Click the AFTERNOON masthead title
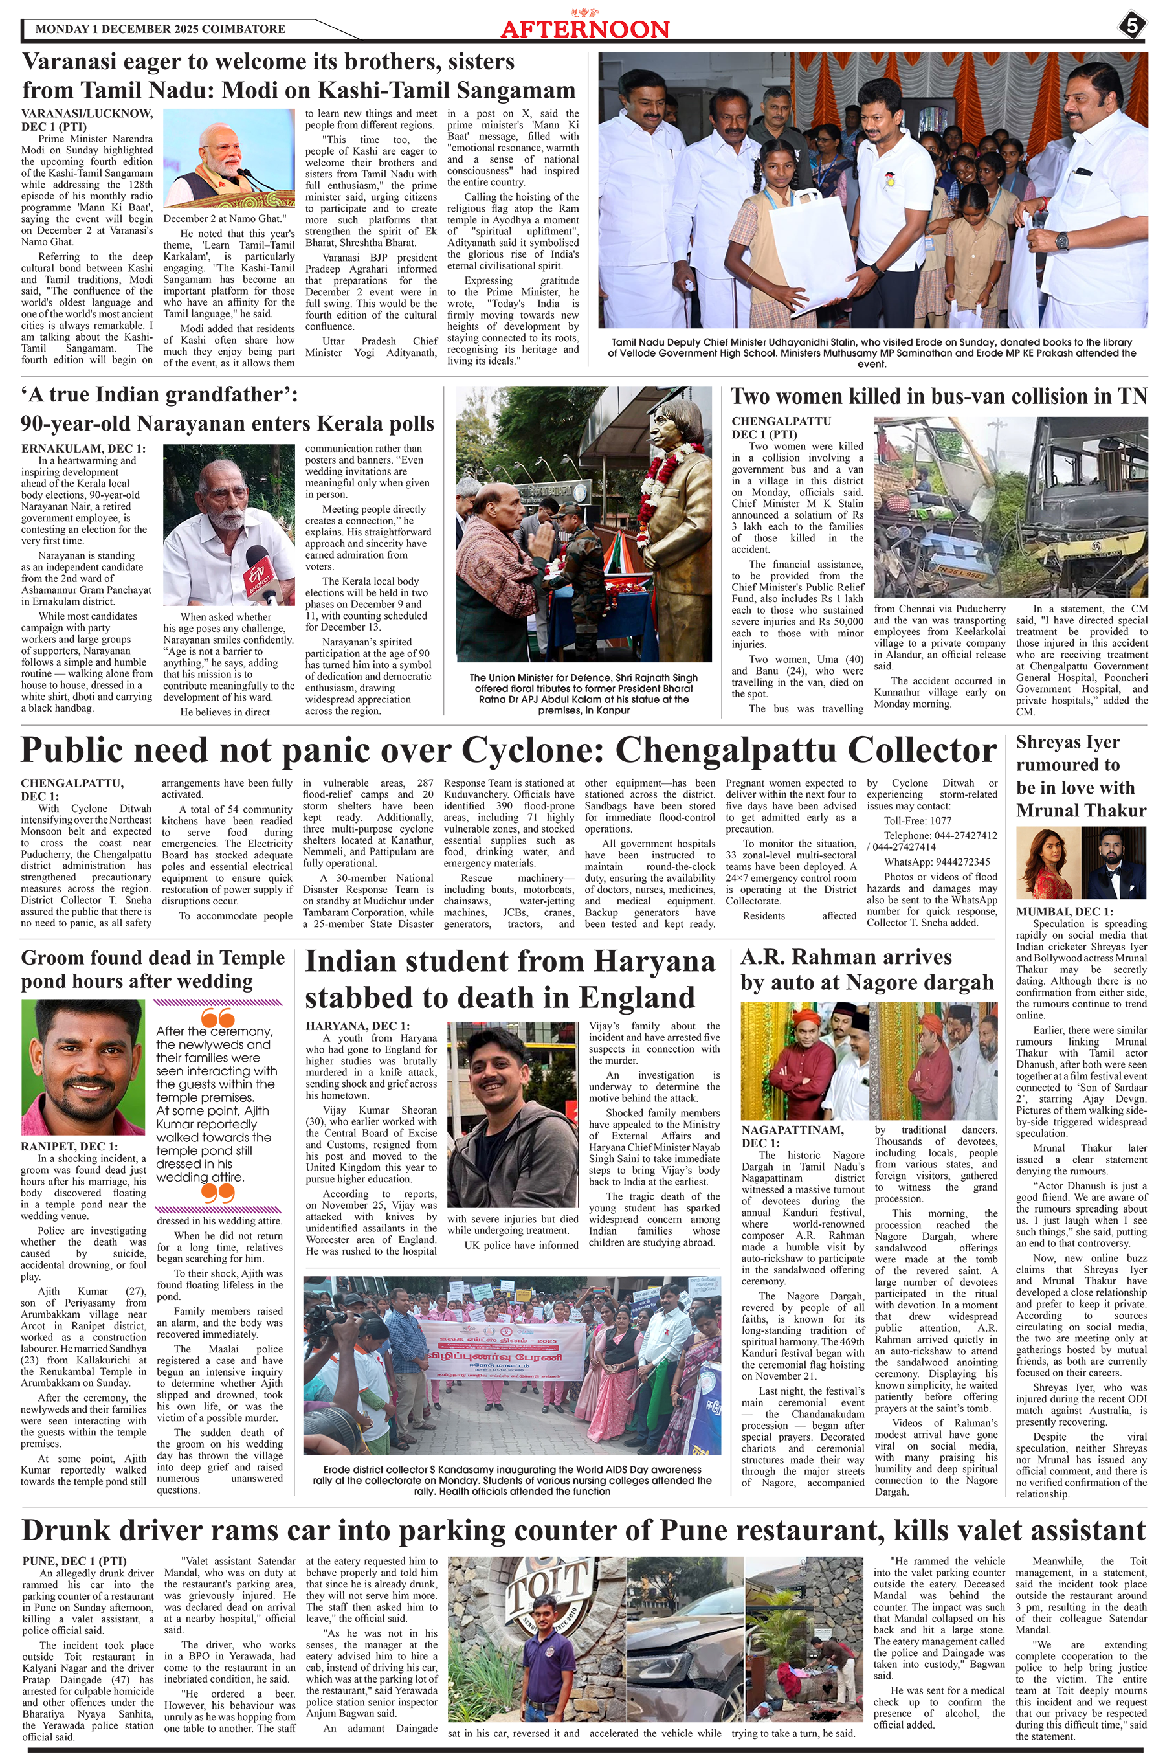coord(584,29)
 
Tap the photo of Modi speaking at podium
coord(229,158)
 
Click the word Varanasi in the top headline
coord(70,62)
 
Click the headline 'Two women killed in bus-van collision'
coord(938,397)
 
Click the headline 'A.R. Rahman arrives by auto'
coord(867,970)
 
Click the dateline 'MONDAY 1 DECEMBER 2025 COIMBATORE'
coord(160,29)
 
